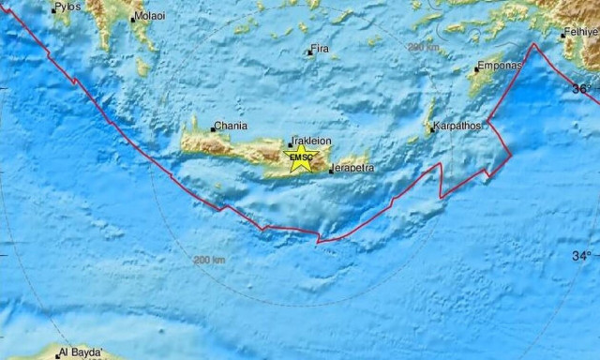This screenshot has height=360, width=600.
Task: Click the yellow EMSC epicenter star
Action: [301, 156]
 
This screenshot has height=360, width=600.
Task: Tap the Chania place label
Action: [231, 124]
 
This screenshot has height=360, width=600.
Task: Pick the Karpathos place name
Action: [457, 125]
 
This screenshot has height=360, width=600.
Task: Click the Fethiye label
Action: [581, 31]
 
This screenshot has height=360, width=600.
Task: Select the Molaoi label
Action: [149, 16]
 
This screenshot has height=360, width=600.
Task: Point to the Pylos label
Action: [67, 7]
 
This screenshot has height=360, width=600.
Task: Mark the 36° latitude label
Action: [582, 88]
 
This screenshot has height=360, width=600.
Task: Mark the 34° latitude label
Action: [582, 255]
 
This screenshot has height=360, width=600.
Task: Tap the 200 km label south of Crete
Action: [209, 259]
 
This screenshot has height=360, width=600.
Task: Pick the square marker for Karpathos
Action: [432, 129]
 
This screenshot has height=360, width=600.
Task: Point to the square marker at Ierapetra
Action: [331, 171]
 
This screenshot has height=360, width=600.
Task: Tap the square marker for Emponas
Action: [474, 69]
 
